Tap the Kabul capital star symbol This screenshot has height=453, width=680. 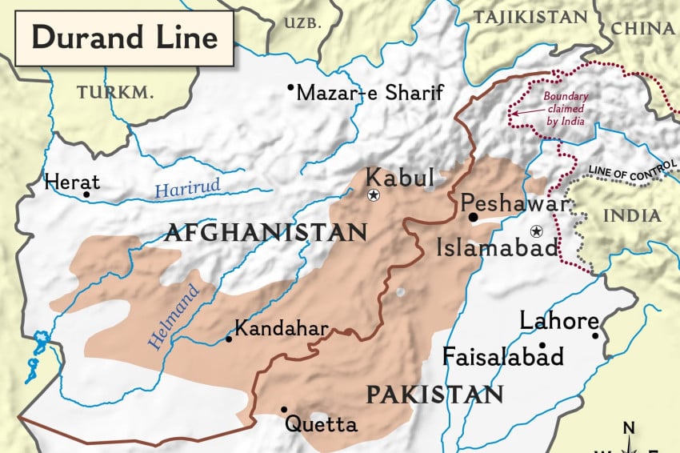(373, 195)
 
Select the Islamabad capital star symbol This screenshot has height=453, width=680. (536, 231)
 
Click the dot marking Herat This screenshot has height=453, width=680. (86, 194)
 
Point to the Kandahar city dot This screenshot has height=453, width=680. (229, 339)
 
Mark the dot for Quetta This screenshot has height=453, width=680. (284, 409)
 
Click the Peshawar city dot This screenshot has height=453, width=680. (474, 216)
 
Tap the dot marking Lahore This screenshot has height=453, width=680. (595, 336)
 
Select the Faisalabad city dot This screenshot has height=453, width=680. (542, 346)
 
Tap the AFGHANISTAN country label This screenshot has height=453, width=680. (265, 233)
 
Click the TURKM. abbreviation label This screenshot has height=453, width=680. (115, 93)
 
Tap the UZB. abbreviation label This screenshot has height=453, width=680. (302, 23)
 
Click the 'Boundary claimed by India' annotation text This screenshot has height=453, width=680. (566, 109)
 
